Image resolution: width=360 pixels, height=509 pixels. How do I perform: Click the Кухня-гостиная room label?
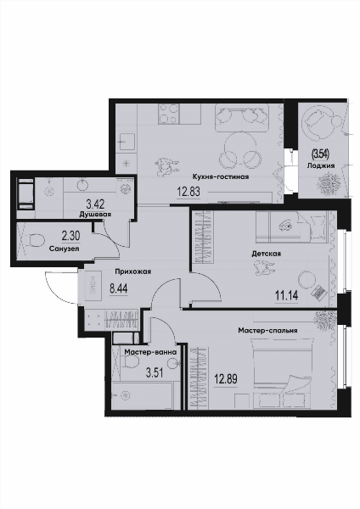221,177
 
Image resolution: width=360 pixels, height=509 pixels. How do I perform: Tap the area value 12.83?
188,192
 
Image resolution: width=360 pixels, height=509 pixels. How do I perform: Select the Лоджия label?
321,166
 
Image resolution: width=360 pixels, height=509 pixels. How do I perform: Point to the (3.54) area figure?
320,154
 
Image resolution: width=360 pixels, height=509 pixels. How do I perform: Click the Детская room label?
266,254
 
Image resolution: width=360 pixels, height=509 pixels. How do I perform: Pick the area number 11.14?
286,296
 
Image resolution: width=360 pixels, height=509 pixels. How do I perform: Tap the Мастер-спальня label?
267,331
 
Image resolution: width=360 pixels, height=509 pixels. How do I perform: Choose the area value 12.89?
226,378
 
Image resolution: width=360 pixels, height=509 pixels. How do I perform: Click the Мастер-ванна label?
150,352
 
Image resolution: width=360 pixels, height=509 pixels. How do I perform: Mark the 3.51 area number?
155,372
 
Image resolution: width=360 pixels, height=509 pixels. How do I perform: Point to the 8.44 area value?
119,288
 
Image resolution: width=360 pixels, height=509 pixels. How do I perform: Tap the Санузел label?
65,249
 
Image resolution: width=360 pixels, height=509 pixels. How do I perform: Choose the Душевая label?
96,215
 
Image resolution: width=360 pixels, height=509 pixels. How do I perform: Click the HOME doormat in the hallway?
93,287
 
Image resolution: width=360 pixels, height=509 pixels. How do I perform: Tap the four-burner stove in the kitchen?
169,114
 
